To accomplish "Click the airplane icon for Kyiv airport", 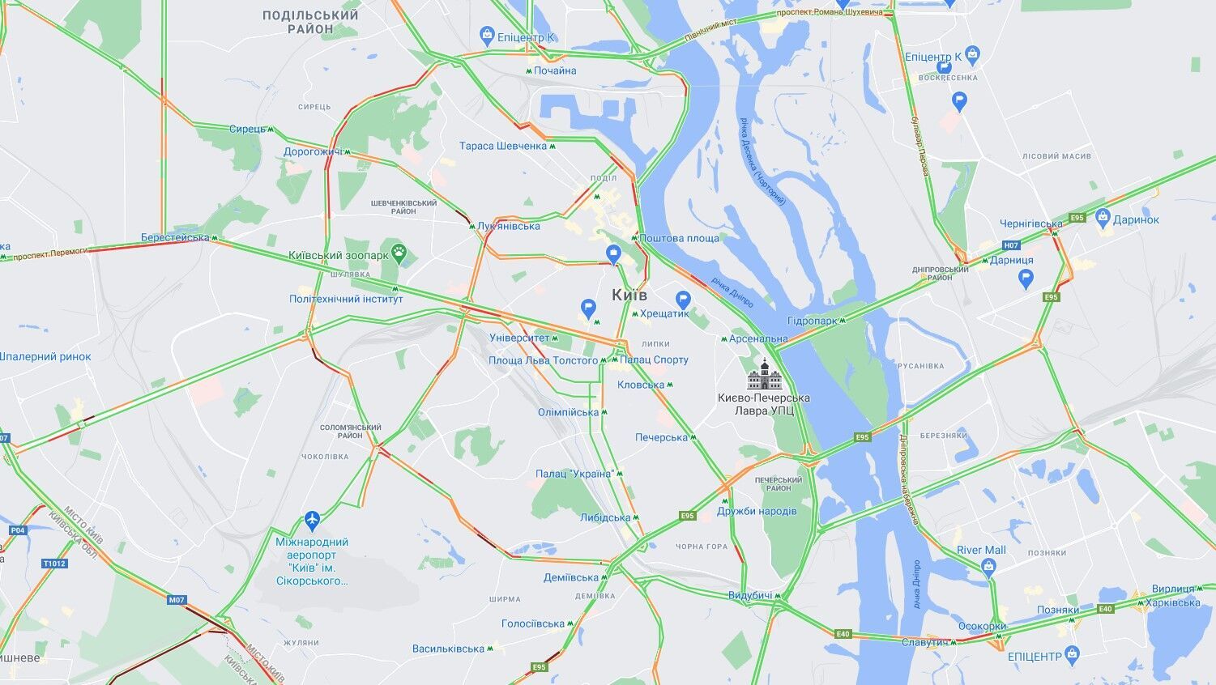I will click(x=313, y=519).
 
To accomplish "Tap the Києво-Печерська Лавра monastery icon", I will click(x=764, y=374).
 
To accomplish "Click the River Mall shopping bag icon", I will click(x=988, y=567).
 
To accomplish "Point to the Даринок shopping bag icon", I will click(x=1103, y=219).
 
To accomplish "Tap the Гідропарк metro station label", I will click(x=812, y=321).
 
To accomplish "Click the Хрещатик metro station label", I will click(x=663, y=313).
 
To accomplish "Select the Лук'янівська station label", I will click(x=508, y=226).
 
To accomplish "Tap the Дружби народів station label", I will click(x=757, y=511).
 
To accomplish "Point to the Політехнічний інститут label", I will click(x=346, y=299).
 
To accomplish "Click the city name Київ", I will click(x=629, y=295).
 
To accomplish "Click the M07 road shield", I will click(x=177, y=600).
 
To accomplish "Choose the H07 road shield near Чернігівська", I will click(x=1010, y=245).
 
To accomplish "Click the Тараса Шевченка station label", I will click(x=503, y=147).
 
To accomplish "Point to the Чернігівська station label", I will click(x=1030, y=224).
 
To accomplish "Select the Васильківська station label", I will click(x=448, y=649).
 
